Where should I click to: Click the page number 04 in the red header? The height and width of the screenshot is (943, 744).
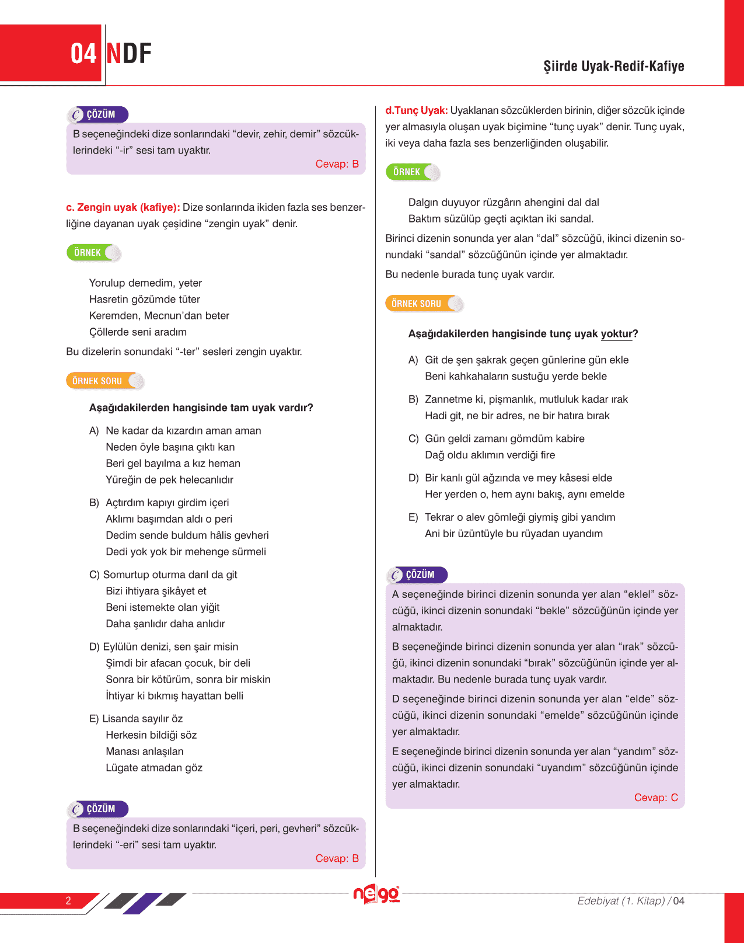(83, 54)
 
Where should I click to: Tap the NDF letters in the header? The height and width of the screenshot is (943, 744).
(129, 54)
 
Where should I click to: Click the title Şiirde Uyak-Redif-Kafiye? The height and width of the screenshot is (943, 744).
(613, 66)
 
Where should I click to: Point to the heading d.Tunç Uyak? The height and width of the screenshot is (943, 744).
(416, 110)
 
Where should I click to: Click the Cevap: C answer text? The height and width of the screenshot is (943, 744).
(656, 798)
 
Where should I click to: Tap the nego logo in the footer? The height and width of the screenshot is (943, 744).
(376, 894)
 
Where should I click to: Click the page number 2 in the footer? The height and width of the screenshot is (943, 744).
(68, 900)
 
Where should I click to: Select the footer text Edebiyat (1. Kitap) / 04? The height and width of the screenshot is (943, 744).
(630, 901)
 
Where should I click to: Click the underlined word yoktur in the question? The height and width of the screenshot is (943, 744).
(616, 334)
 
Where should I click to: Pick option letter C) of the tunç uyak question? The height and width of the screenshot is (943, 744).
(413, 439)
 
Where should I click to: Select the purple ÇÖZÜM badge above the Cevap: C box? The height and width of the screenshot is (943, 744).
(417, 575)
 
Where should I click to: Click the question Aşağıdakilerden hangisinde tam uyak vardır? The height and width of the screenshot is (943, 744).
(201, 408)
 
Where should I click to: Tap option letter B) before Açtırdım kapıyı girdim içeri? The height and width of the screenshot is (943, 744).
(94, 503)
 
